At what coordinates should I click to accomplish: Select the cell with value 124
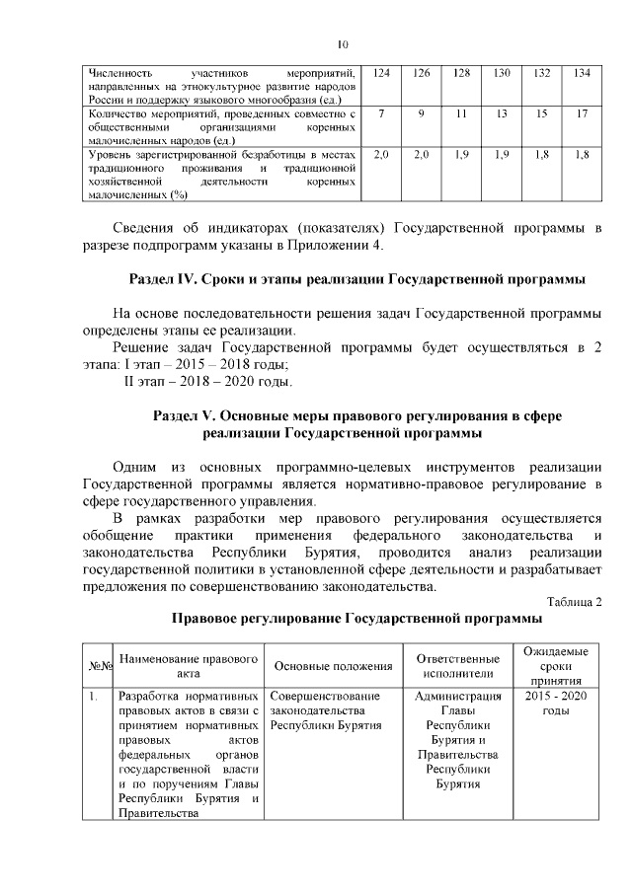point(381,74)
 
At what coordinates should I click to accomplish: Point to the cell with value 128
point(461,74)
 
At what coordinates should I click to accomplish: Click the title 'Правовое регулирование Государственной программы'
point(356,619)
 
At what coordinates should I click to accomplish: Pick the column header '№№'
point(99,666)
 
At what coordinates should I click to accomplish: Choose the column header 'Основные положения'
point(333,666)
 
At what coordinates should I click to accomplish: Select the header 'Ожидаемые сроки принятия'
point(555,666)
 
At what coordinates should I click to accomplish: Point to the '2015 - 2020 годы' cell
point(555,705)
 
